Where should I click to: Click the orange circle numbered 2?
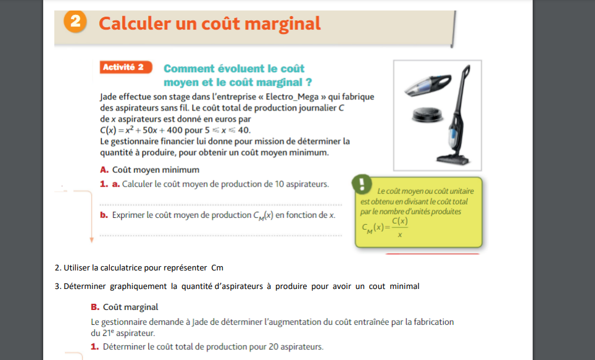point(75,21)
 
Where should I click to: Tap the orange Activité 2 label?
point(125,67)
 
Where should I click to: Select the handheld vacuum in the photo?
point(428,85)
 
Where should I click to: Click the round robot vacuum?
point(428,115)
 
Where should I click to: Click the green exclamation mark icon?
point(362,184)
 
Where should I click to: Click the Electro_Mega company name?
point(292,97)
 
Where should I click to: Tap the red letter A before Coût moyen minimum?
point(104,170)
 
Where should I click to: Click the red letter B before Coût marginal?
point(95,307)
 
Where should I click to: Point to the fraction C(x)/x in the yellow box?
point(400,227)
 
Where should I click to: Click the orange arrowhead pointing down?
point(91,240)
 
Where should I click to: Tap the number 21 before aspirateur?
point(106,333)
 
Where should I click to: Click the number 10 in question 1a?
point(279,184)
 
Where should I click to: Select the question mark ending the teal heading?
point(309,82)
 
